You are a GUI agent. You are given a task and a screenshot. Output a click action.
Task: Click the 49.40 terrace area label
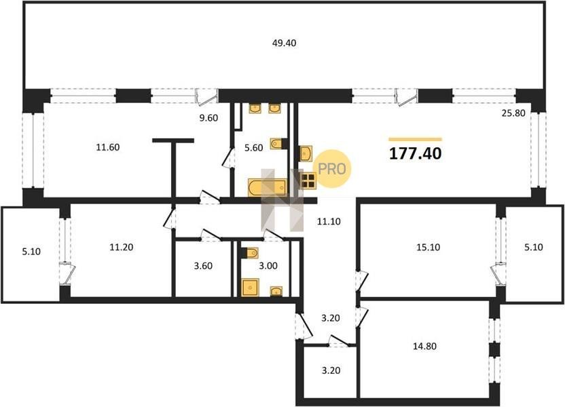pos(285,43)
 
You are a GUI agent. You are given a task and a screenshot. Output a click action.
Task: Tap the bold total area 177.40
pos(416,154)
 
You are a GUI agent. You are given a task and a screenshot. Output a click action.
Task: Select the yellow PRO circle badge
pos(331,168)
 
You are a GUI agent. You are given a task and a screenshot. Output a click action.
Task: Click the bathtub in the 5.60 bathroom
pos(268,187)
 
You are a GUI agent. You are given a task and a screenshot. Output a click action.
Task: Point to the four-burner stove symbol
pos(308,180)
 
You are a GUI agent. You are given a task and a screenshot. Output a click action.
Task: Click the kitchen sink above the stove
pos(306,154)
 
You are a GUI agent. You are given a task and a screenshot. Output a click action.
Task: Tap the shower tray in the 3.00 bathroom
pos(251,288)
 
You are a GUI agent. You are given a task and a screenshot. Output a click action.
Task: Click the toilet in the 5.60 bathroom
pos(279,144)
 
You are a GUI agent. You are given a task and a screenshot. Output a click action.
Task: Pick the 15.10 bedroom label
pos(429,248)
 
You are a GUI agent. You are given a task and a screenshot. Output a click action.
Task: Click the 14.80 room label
pos(425,346)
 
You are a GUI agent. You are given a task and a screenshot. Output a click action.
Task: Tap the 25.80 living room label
pos(513,113)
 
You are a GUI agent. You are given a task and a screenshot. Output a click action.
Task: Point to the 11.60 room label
pos(108,148)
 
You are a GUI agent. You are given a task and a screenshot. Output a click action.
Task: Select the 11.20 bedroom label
pos(122,247)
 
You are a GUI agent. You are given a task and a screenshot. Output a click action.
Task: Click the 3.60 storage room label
pos(203,266)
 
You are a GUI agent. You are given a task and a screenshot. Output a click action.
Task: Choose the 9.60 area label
pos(208,118)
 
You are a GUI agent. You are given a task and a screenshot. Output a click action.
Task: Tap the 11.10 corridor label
pos(329,222)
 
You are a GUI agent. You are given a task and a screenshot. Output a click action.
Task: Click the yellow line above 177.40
pos(416,139)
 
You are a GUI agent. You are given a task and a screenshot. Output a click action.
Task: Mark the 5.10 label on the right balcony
pos(534,248)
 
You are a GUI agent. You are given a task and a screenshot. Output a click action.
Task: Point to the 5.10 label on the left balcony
pos(31,252)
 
